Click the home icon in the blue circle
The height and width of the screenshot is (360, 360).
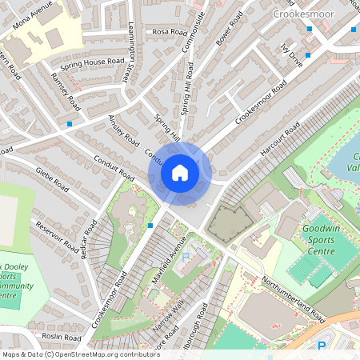(180, 173)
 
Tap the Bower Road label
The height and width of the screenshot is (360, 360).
(232, 26)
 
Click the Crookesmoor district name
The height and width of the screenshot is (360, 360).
(302, 14)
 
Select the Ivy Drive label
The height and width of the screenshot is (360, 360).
(291, 58)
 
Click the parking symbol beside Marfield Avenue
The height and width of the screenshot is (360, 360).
(186, 258)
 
